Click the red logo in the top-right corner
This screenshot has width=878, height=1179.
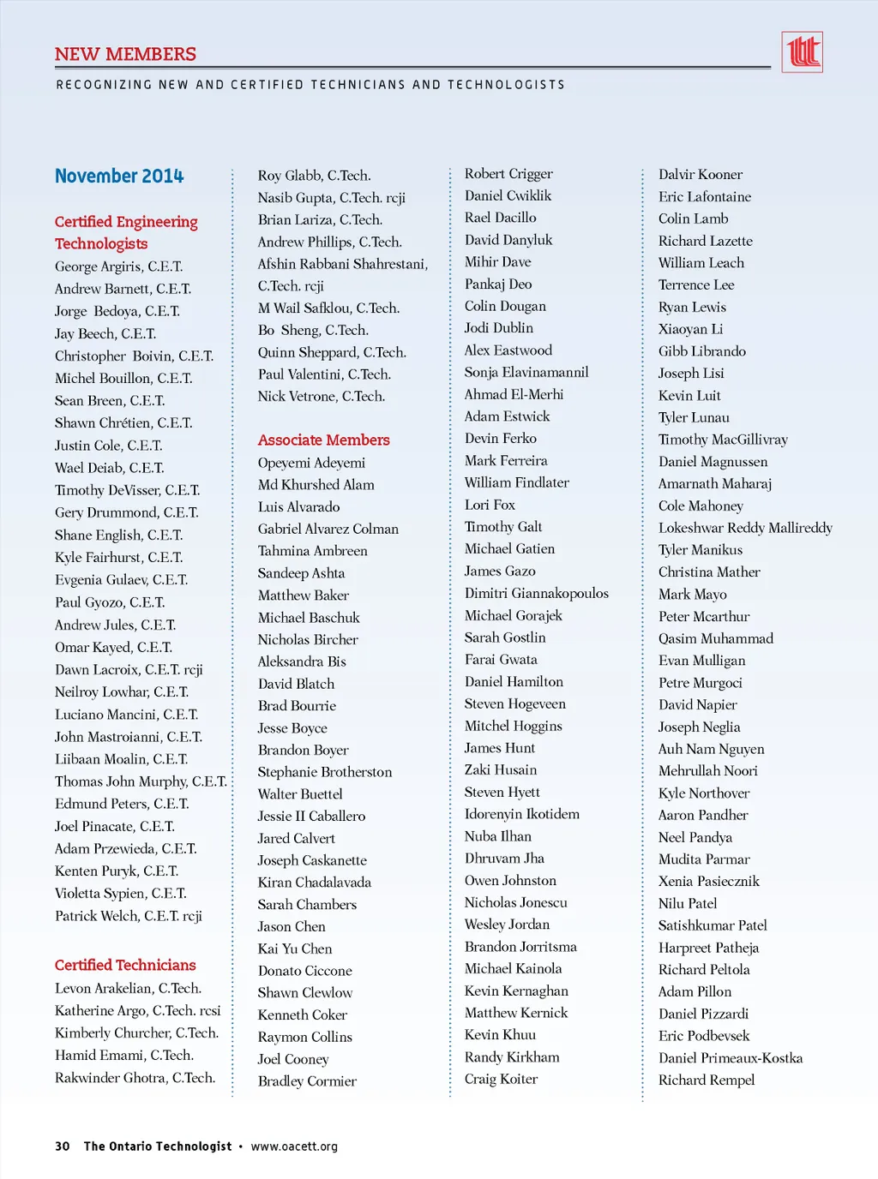click(x=802, y=52)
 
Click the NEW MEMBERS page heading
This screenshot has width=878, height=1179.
click(x=125, y=54)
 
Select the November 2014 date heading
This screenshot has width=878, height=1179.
click(x=119, y=177)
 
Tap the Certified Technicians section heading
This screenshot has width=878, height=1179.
click(x=125, y=965)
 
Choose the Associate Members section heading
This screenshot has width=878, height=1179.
click(x=323, y=440)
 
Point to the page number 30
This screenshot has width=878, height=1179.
click(x=63, y=1146)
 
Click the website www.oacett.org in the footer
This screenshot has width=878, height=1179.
click(x=294, y=1146)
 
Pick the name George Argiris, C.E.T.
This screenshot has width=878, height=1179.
click(x=118, y=266)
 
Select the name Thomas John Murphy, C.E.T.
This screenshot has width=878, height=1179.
click(x=141, y=781)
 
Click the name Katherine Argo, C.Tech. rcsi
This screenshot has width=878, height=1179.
click(x=137, y=1011)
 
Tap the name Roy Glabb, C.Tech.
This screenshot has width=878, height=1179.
click(x=314, y=176)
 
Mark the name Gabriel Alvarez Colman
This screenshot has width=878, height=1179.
click(x=328, y=529)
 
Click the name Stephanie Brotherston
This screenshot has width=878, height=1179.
click(x=324, y=772)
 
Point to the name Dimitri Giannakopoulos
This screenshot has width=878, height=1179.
click(x=536, y=593)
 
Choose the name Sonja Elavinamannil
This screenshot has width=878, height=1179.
click(x=526, y=372)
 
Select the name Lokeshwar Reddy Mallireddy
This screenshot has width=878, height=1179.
click(x=744, y=528)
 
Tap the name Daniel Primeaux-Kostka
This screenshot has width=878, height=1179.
click(x=730, y=1058)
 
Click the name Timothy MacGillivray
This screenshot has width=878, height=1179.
click(x=722, y=440)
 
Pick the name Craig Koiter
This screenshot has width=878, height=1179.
click(x=501, y=1079)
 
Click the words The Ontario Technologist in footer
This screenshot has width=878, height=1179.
click(x=157, y=1146)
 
